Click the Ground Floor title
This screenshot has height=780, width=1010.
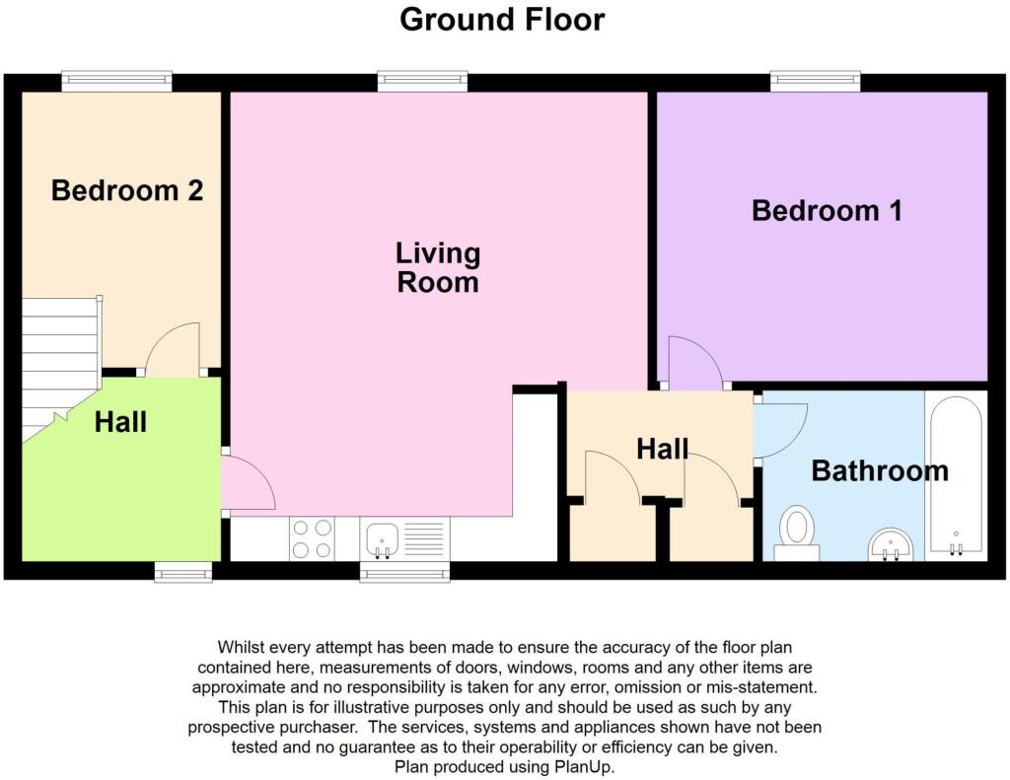[502, 20]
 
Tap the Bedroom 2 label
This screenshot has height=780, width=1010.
[127, 190]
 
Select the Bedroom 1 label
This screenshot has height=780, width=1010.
[828, 211]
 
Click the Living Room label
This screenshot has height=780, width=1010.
[438, 268]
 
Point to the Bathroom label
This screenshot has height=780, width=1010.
[880, 470]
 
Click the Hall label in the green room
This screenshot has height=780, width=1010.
[120, 422]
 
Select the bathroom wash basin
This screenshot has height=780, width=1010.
[891, 545]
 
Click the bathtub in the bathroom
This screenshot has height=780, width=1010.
[957, 474]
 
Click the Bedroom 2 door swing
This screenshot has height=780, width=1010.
[173, 349]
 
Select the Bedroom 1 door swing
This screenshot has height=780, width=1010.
[695, 363]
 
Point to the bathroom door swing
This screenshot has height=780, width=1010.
[780, 430]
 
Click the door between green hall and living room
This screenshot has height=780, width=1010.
[248, 482]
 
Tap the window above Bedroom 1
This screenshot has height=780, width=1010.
[816, 81]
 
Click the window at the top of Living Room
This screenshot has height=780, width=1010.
[422, 81]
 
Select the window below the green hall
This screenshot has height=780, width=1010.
[182, 572]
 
